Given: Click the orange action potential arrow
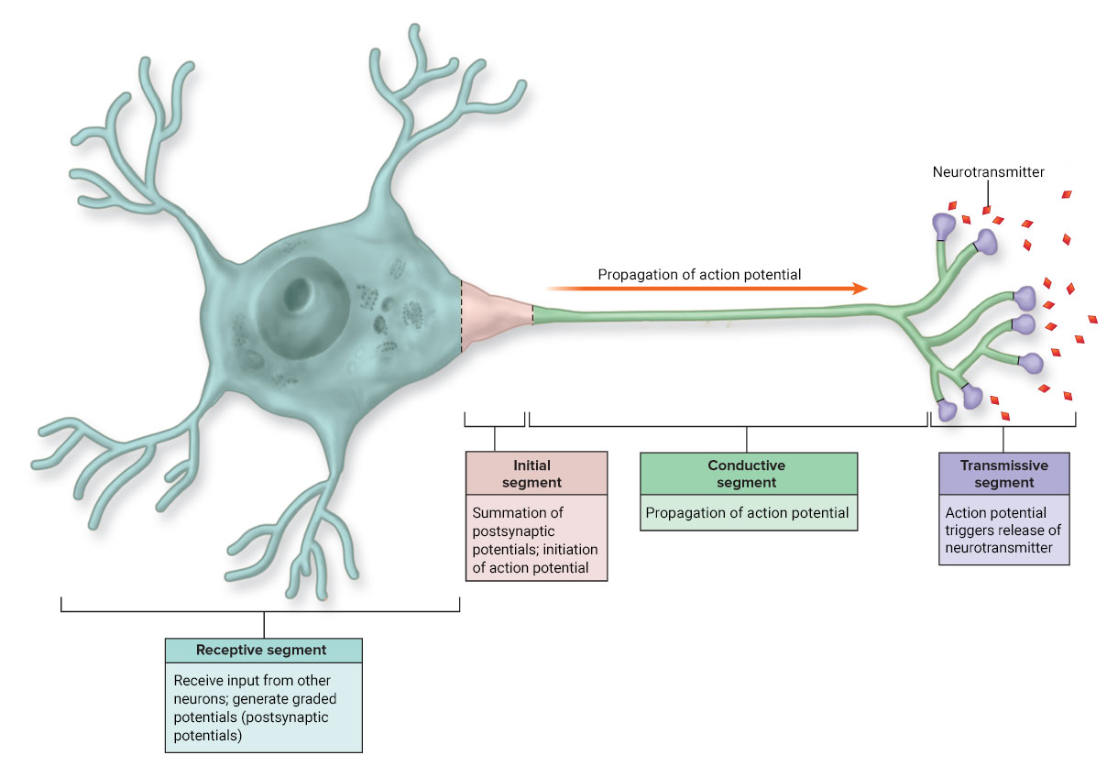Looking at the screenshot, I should [x=706, y=289].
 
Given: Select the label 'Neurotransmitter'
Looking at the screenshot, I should [x=988, y=171].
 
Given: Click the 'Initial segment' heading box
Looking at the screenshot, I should [x=536, y=474].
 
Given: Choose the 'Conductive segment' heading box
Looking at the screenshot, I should [x=748, y=474].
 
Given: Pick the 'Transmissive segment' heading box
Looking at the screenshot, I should [x=1003, y=474].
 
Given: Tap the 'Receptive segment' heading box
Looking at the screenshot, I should [x=263, y=651].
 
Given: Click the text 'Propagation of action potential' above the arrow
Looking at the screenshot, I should [x=699, y=274].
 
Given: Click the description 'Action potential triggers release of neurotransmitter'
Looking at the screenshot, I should [x=1003, y=531].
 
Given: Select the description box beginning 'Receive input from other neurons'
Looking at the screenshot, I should [x=263, y=707].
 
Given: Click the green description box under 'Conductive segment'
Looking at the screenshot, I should [x=748, y=513].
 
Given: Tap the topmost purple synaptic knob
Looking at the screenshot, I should [x=944, y=224].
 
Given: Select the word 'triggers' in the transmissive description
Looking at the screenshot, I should [x=974, y=531].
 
